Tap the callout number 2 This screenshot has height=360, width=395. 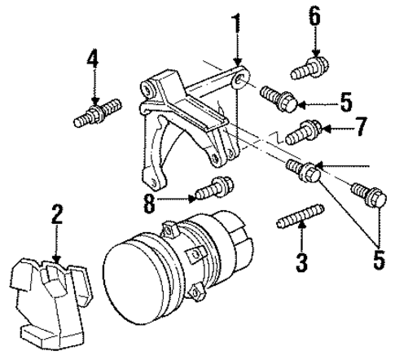point(56,216)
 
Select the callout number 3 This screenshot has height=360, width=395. point(301,261)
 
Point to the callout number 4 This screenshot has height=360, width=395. point(94,59)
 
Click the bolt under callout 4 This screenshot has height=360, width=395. point(95,111)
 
